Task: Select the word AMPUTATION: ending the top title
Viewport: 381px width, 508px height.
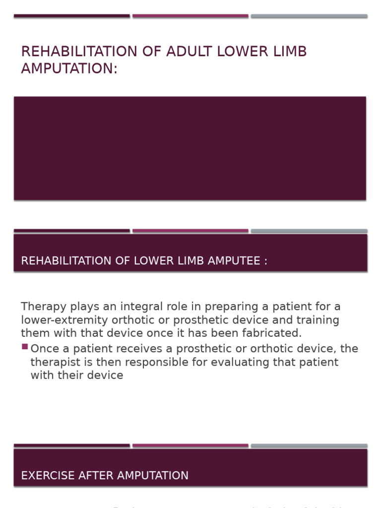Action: point(69,68)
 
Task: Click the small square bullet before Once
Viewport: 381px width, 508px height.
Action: point(24,347)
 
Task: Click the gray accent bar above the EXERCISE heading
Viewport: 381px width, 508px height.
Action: point(309,445)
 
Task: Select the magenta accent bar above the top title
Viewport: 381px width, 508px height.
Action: point(190,16)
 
